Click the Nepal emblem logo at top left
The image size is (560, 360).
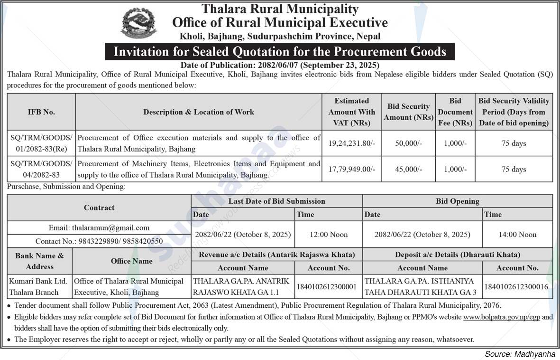[x=138, y=23]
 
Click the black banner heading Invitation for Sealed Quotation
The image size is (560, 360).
[x=280, y=51]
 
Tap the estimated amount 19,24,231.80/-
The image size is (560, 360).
[x=352, y=143]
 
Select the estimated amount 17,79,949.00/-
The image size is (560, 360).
[x=352, y=169]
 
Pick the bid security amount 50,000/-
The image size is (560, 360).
[x=408, y=143]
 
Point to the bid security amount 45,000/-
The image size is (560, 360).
[x=408, y=169]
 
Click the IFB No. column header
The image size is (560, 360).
[x=41, y=112]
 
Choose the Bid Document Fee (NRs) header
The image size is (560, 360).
[x=455, y=112]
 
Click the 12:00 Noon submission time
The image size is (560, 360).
[x=329, y=234]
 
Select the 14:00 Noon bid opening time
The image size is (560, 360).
[x=517, y=234]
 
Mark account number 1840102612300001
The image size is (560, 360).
[x=328, y=287]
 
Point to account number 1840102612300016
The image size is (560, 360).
[x=517, y=287]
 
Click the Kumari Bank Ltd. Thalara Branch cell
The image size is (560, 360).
[x=40, y=287]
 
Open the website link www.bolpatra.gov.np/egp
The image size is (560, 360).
[x=502, y=317]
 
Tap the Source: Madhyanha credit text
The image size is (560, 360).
[x=519, y=354]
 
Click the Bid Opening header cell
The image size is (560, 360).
[x=457, y=201]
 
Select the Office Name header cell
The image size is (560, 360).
[x=131, y=261]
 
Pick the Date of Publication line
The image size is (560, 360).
[x=280, y=65]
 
